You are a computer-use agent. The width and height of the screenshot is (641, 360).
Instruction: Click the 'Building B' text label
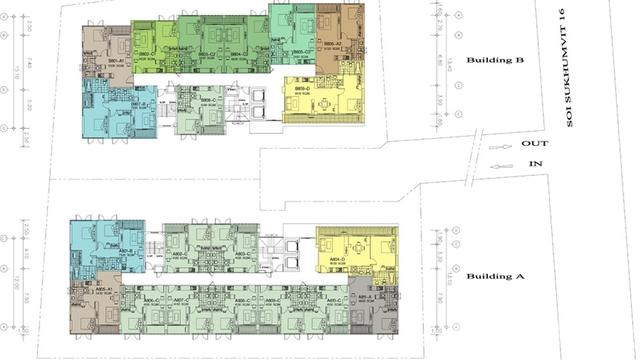point(495,60)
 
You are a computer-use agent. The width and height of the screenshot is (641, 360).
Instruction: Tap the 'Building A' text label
point(495,276)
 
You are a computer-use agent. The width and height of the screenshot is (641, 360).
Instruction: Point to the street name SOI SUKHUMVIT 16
point(568,67)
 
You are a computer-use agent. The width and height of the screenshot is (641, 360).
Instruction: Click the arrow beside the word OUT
point(500,147)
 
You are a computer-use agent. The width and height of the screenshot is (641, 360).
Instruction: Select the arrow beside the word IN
point(502,167)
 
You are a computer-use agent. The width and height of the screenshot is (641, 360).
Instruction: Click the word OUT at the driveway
point(534,143)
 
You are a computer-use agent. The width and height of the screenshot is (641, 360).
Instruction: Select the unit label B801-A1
point(116,61)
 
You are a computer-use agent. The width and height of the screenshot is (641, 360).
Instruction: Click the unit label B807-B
point(138,104)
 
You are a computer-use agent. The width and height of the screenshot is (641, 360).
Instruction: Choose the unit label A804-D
point(337,259)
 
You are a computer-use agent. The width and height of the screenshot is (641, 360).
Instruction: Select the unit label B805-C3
point(302,52)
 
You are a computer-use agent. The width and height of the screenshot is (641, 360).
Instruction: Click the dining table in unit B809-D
point(325,103)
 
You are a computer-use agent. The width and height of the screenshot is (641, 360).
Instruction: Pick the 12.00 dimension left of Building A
point(16,285)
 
